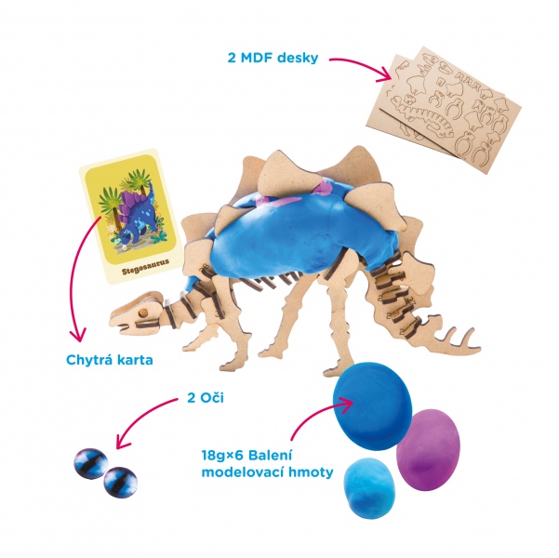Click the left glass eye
(x=89, y=459)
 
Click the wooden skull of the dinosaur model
(x=136, y=311)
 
